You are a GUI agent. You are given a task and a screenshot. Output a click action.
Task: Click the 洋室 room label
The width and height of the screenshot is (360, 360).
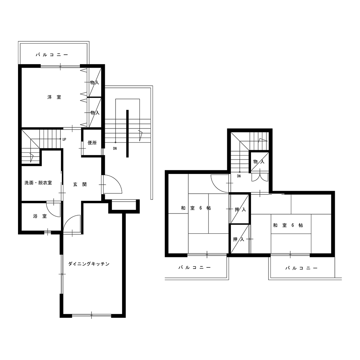click(x=54, y=97)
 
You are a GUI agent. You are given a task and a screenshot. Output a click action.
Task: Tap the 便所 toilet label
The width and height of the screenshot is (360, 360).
click(x=92, y=143)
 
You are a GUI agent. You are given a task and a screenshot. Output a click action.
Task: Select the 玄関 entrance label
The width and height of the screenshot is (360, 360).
click(x=80, y=184)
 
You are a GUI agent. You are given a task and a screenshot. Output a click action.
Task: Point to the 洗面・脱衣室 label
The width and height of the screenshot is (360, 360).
click(x=38, y=183)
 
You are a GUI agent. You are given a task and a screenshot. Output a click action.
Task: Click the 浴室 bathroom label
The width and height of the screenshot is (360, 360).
click(x=40, y=216)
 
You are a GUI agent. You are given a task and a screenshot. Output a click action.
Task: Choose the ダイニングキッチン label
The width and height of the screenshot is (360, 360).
click(x=89, y=264)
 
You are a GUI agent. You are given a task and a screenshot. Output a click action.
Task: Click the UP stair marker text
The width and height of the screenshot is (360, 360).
click(x=64, y=139)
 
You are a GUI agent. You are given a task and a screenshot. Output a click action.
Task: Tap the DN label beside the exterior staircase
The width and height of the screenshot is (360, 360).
click(x=115, y=149)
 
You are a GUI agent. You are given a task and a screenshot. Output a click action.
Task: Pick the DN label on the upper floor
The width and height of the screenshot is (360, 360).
click(x=239, y=176)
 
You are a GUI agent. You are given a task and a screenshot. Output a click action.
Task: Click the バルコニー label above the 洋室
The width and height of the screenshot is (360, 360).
click(x=52, y=55)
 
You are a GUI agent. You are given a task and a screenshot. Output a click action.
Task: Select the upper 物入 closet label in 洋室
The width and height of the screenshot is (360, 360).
click(x=95, y=82)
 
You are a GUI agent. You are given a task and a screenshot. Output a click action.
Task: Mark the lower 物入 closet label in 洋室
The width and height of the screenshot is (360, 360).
click(x=95, y=112)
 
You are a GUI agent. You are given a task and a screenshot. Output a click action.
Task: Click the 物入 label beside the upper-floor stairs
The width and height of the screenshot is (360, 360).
click(x=259, y=162)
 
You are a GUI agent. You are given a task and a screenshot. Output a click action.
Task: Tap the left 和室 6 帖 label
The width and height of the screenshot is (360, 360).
click(x=196, y=208)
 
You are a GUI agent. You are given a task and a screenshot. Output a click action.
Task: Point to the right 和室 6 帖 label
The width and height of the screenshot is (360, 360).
click(x=288, y=225)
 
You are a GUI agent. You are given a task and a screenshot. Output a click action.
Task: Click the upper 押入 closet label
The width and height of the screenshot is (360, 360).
click(x=240, y=210)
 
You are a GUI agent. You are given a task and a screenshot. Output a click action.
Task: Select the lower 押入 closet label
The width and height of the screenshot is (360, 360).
click(x=239, y=239)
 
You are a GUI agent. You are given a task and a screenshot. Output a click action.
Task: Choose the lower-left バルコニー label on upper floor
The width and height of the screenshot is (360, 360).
click(x=195, y=267)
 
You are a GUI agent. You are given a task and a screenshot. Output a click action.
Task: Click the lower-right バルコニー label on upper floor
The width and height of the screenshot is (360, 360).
click(x=301, y=268)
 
